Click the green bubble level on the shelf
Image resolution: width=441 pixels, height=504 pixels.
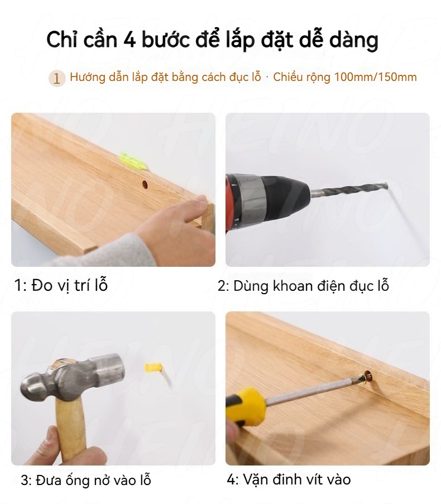(x=133, y=161)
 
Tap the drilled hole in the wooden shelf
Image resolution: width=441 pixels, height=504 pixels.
(x=145, y=185)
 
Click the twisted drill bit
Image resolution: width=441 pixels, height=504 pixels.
(x=349, y=189)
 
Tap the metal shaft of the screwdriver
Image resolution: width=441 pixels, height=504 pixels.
(x=312, y=391)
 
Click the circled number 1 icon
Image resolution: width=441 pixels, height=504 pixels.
(x=56, y=78)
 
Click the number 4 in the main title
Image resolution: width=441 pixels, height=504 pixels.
(x=129, y=40)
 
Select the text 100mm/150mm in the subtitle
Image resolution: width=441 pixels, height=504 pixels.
(x=376, y=77)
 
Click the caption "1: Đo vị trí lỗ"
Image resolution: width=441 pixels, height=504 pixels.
(x=61, y=285)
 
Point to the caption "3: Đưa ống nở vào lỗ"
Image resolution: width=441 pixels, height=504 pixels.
(x=86, y=480)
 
